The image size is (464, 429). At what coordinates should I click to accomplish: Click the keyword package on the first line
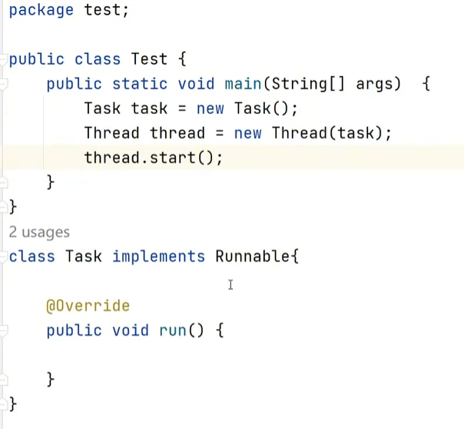tap(41, 11)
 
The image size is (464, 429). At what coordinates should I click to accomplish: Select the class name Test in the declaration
tap(150, 59)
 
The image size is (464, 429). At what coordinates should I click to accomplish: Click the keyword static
tap(140, 84)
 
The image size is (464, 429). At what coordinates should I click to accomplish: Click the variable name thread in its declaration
tap(177, 133)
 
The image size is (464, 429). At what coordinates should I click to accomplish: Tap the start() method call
tap(195, 158)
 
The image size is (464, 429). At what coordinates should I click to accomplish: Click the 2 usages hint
tap(39, 232)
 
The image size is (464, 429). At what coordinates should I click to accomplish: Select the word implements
tap(158, 256)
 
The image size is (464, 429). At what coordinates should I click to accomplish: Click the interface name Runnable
tap(253, 256)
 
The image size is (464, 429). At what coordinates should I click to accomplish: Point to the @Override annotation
tap(88, 306)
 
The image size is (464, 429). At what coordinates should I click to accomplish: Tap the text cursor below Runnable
tap(230, 285)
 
